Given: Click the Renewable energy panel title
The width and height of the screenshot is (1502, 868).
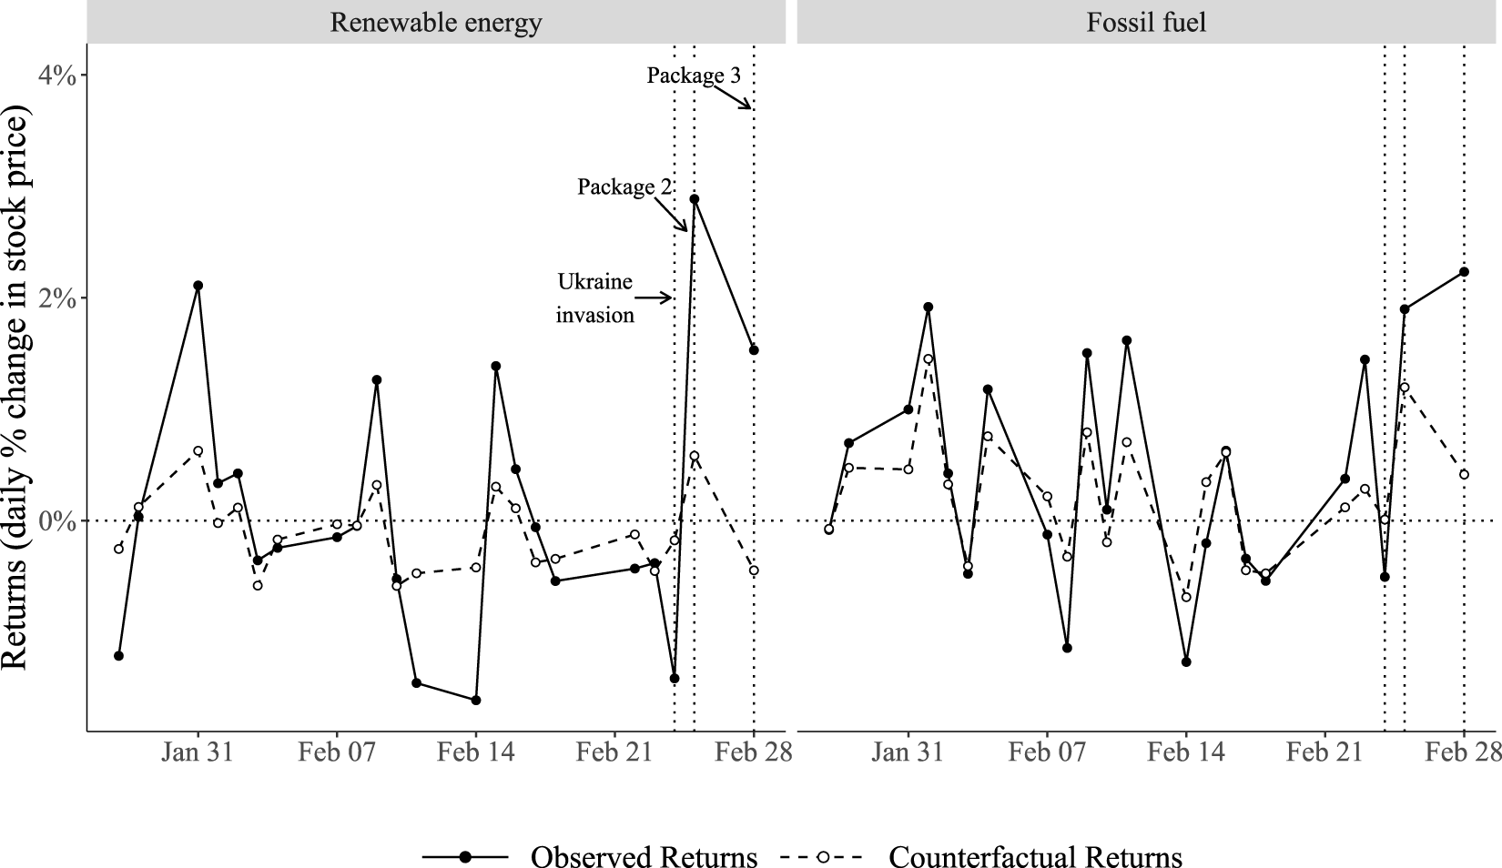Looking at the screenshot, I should pos(435,22).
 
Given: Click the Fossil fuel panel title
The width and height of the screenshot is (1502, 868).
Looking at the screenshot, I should pos(1146,22).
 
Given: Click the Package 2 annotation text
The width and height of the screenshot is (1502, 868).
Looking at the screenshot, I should pos(624,187).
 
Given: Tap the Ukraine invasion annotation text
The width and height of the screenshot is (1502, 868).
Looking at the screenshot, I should pos(595,298).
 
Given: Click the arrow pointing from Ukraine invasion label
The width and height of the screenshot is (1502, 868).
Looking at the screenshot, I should pos(653,298).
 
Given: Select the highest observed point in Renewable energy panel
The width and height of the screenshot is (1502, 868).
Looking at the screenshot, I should pos(695,198).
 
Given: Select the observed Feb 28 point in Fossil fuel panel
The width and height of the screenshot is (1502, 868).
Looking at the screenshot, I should pos(1464,271).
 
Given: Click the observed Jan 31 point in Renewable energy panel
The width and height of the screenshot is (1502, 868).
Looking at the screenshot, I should pos(198,286).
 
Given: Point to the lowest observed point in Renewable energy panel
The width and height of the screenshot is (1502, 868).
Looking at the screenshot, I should pos(475,700).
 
